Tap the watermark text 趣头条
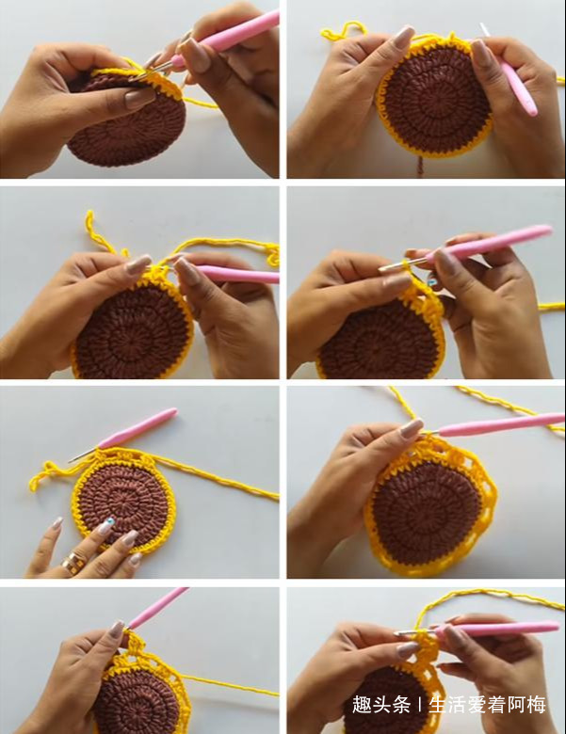381,705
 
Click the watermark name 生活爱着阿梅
487,705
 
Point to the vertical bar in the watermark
419,705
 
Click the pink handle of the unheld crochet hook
138,428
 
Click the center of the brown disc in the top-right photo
436,99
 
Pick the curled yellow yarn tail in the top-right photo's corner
343,31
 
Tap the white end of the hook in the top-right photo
484,29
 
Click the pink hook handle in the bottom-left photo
158,608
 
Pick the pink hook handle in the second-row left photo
236,274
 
